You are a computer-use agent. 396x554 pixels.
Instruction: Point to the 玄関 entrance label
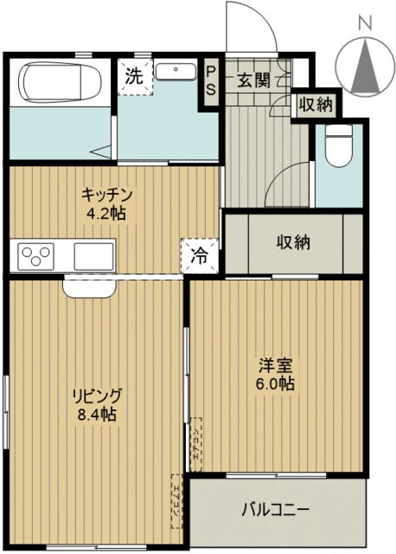(253, 81)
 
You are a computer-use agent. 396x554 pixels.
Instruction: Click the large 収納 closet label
(294, 242)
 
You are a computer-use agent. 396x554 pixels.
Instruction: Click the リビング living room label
(97, 396)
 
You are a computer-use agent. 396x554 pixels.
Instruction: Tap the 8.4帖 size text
(97, 415)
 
